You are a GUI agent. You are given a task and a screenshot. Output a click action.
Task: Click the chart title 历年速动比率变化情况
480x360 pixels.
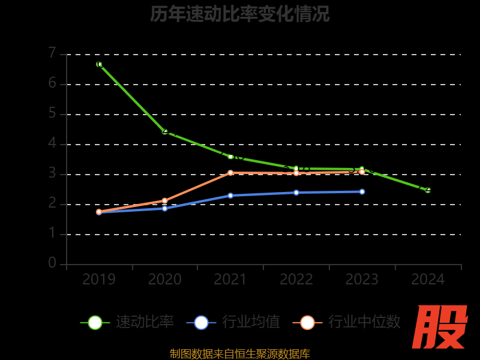pos(240,14)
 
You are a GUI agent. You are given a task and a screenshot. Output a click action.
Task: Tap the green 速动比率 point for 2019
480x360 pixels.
pos(99,64)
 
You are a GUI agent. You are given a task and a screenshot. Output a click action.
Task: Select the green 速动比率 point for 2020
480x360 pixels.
pos(165,131)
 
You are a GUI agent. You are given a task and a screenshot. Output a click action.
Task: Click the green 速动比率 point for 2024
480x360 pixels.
pos(428,190)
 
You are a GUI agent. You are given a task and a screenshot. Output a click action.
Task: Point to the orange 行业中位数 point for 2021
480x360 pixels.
pos(230,173)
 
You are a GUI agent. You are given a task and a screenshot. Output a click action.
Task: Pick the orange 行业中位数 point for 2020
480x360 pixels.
pos(165,200)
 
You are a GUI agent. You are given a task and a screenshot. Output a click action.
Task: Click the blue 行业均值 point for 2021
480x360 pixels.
pos(230,195)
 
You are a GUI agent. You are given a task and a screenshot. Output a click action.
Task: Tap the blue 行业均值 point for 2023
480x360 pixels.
pos(362,191)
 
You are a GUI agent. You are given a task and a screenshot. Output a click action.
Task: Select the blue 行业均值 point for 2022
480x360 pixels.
pos(296,193)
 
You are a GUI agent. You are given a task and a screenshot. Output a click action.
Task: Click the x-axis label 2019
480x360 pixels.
pos(99,280)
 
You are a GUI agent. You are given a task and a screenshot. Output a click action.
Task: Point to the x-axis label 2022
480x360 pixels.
pos(296,280)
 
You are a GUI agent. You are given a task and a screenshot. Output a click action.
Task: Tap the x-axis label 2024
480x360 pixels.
pos(428,280)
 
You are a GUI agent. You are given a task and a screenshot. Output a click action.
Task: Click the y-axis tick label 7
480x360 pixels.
pos(52,53)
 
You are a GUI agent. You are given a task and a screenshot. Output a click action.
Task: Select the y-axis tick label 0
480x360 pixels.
pos(52,263)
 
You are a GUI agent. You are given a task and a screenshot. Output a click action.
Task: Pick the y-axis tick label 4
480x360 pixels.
pos(52,143)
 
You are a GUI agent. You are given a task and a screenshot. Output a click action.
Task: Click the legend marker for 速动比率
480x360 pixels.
pos(95,322)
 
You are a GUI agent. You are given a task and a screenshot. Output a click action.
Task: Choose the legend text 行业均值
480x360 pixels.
pos(251,322)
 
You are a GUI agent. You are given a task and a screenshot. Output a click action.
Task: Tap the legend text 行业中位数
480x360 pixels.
pos(364,322)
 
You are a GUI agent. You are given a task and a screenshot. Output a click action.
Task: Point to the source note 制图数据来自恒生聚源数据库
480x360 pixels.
pos(240,354)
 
